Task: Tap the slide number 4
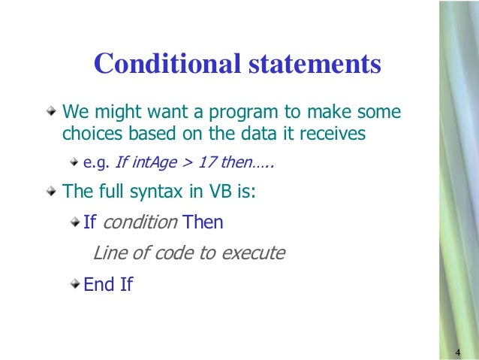point(456,353)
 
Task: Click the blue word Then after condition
point(202,222)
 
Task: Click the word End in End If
point(98,285)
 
